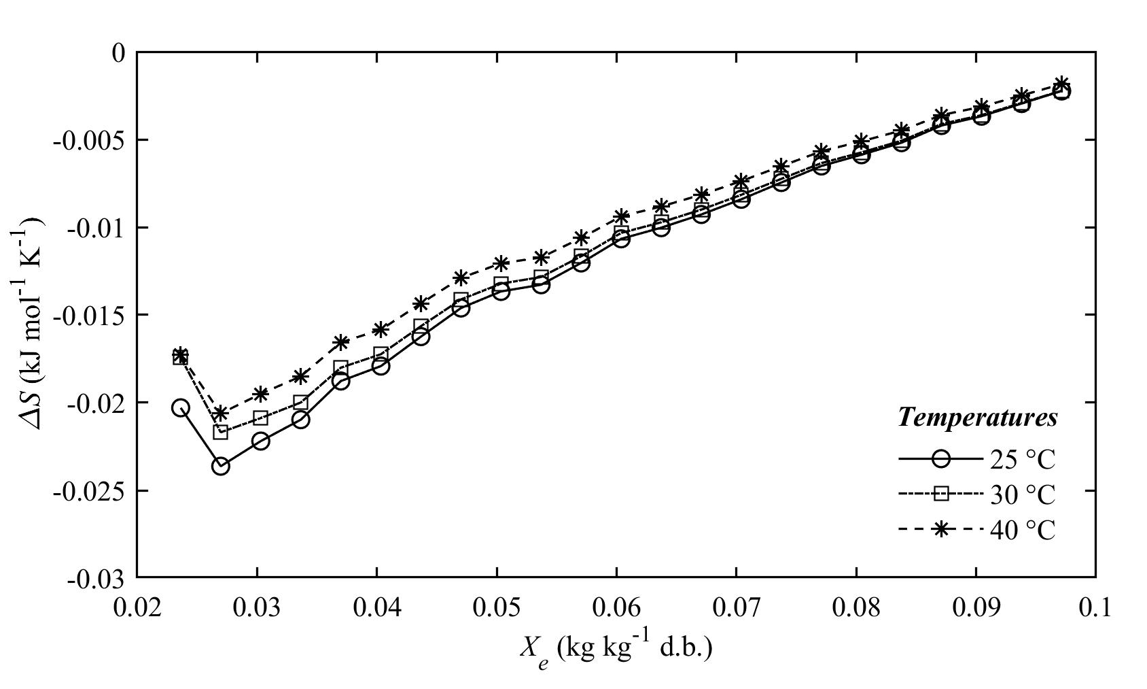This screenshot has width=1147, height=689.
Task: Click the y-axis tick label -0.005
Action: [x=88, y=140]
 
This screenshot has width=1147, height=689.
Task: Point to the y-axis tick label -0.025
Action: [x=88, y=491]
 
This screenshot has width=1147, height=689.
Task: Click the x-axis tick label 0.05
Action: [x=496, y=606]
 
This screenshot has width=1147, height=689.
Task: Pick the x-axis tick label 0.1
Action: [x=1095, y=606]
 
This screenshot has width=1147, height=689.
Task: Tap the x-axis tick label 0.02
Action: [x=137, y=606]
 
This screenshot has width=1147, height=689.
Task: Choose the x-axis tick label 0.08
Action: [x=855, y=606]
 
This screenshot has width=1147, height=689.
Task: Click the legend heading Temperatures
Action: [x=977, y=417]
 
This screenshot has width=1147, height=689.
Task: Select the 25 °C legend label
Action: [x=1022, y=460]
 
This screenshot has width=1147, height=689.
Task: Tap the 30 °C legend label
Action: [x=1022, y=494]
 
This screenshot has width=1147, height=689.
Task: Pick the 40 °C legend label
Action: [x=1022, y=530]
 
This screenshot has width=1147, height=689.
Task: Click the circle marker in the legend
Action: [x=940, y=459]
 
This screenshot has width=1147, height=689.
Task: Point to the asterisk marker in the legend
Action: [x=940, y=529]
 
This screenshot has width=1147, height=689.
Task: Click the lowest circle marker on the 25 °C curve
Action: [x=221, y=466]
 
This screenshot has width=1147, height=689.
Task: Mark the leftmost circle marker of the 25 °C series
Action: [x=180, y=407]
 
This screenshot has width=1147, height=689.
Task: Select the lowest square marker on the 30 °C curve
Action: [x=221, y=432]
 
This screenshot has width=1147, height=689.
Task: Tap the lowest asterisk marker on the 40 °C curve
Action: [x=220, y=413]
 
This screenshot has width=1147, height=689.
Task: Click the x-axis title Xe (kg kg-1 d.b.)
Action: [x=616, y=650]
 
